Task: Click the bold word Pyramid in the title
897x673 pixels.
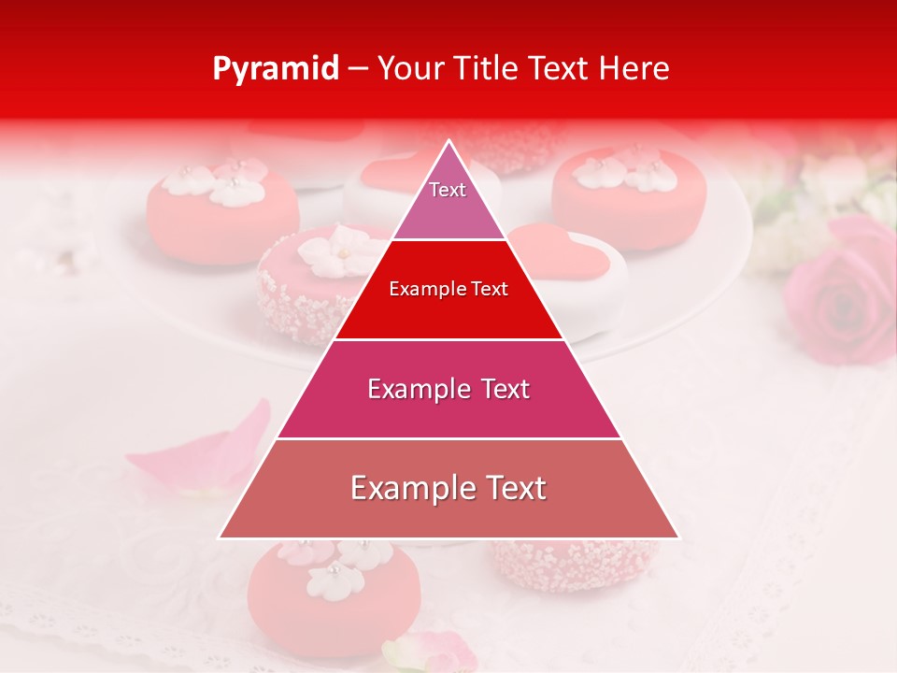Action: pos(276,69)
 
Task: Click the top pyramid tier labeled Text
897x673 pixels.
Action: pos(448,197)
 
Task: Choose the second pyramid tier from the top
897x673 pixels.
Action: pos(448,290)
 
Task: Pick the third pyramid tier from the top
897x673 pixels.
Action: pos(448,389)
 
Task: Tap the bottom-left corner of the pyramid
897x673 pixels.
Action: pos(221,537)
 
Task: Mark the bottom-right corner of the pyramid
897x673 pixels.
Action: pos(677,537)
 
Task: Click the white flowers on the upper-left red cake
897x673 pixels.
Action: pos(224,182)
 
